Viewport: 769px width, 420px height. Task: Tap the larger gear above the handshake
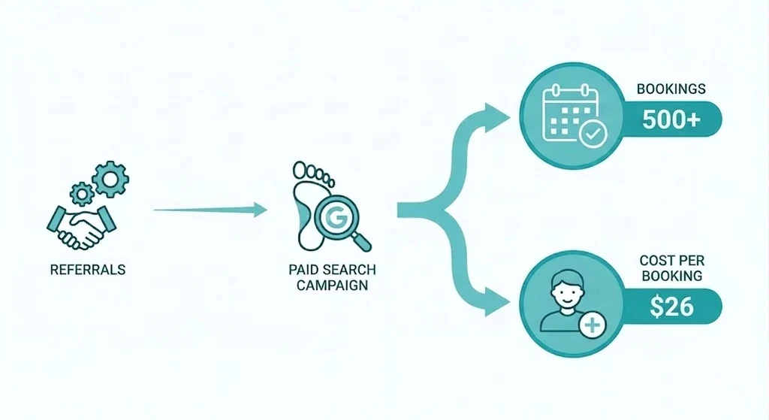(x=110, y=180)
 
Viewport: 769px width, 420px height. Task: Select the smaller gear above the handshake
(x=82, y=194)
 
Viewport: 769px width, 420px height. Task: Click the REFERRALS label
(x=88, y=270)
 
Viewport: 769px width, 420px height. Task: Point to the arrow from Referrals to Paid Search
(x=210, y=210)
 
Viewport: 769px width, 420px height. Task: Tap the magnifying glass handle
(x=362, y=241)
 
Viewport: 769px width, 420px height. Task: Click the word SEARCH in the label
(x=350, y=270)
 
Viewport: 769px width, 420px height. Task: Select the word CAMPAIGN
(x=332, y=285)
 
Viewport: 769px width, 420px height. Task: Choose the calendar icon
(x=571, y=113)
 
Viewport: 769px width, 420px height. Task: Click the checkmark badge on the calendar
(x=593, y=134)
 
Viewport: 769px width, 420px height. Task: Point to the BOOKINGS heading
(x=671, y=89)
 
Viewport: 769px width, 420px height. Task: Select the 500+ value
(x=671, y=119)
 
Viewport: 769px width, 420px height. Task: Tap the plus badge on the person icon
(x=593, y=325)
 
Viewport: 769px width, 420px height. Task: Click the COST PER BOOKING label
(x=671, y=268)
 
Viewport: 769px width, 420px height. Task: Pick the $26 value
(x=671, y=307)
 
